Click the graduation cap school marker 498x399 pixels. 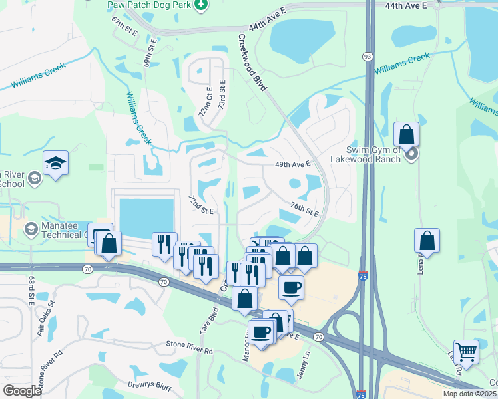coord(55,162)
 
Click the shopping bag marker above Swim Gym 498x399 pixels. coord(406,134)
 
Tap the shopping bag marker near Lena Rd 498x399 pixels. coord(427,241)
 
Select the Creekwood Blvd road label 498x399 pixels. coord(252,64)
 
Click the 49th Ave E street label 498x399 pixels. coord(293,164)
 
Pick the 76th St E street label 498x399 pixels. coord(304,209)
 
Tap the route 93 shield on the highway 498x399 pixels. coord(367,57)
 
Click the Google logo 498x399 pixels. coord(22,391)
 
